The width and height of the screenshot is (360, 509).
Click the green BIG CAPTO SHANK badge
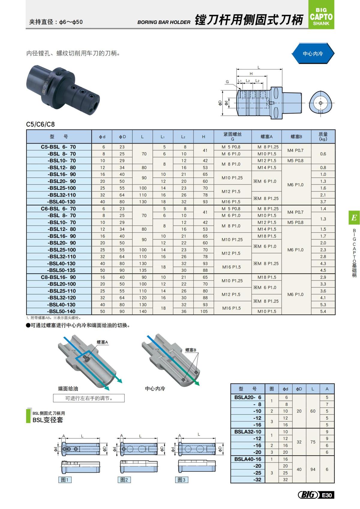tap(321, 15)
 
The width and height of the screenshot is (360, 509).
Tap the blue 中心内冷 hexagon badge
tap(313, 54)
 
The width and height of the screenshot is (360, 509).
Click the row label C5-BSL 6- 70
tap(58, 147)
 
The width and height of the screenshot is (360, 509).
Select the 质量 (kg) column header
tap(323, 136)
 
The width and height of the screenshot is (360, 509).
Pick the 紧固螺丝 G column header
tap(232, 136)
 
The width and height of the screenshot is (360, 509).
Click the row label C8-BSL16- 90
tap(58, 277)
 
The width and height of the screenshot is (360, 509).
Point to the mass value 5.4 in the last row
tap(323, 311)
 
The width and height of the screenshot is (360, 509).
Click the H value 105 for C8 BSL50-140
tap(204, 311)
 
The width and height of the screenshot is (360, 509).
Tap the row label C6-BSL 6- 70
tap(58, 209)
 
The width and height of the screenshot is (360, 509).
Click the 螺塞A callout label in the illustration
tap(102, 342)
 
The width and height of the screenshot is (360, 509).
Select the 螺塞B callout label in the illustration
tap(190, 350)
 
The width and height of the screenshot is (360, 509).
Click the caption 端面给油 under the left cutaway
tap(68, 388)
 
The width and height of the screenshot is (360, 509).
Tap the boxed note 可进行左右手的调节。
tap(89, 398)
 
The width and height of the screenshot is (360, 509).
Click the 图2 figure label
tap(124, 480)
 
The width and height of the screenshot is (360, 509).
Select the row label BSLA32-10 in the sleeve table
tap(247, 432)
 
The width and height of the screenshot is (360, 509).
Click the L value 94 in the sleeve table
tap(313, 469)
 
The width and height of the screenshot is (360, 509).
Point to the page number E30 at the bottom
tap(327, 495)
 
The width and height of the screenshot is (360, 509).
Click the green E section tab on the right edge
tap(354, 217)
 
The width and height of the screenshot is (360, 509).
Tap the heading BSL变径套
tap(48, 420)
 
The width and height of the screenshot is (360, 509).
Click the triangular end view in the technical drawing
tap(320, 103)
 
